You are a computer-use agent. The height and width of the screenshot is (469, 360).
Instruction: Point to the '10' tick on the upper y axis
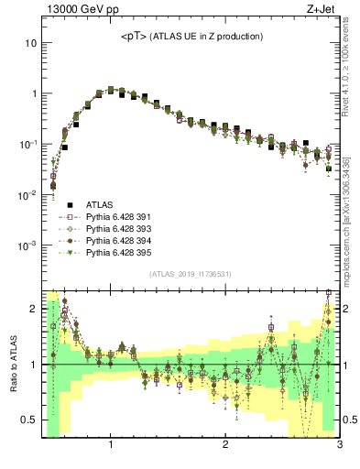(x=31, y=43)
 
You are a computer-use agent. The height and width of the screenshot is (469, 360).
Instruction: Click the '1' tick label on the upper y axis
(x=34, y=93)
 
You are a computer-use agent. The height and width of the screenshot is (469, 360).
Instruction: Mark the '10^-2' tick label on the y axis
(x=28, y=194)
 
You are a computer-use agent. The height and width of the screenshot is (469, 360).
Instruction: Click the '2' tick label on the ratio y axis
(x=34, y=309)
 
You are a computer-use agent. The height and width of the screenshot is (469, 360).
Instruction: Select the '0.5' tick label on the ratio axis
(x=30, y=420)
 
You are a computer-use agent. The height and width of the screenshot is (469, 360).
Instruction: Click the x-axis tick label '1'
(x=111, y=446)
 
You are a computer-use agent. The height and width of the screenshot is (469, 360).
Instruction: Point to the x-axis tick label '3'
(x=339, y=446)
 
